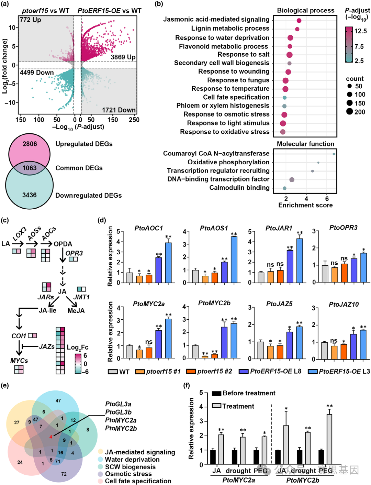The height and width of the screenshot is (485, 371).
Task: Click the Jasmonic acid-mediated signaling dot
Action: click(x=299, y=21)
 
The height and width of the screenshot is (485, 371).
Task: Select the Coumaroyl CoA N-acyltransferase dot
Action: click(x=334, y=154)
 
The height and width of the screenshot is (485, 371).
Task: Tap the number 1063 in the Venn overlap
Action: click(x=30, y=168)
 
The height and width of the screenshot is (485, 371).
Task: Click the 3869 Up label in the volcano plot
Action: click(x=123, y=57)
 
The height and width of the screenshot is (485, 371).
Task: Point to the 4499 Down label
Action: click(x=37, y=73)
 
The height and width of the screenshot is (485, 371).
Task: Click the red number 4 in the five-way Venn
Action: click(x=50, y=437)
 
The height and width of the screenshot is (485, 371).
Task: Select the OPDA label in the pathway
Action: click(x=63, y=244)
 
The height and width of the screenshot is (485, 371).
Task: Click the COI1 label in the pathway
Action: click(x=19, y=335)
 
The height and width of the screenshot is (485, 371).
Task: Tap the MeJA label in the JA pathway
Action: click(x=76, y=311)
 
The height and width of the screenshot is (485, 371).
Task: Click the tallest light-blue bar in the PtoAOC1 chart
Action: click(x=168, y=263)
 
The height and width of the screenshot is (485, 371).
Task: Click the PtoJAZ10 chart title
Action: click(x=344, y=304)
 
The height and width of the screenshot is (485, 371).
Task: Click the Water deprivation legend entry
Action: click(x=132, y=460)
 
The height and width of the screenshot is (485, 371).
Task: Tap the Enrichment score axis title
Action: click(x=305, y=205)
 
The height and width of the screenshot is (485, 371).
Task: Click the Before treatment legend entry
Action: click(x=249, y=393)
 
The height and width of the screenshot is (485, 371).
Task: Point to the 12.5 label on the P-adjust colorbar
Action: click(x=360, y=31)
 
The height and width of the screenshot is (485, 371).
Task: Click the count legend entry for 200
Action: click(x=360, y=112)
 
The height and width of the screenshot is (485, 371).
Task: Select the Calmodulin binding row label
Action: click(x=239, y=188)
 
